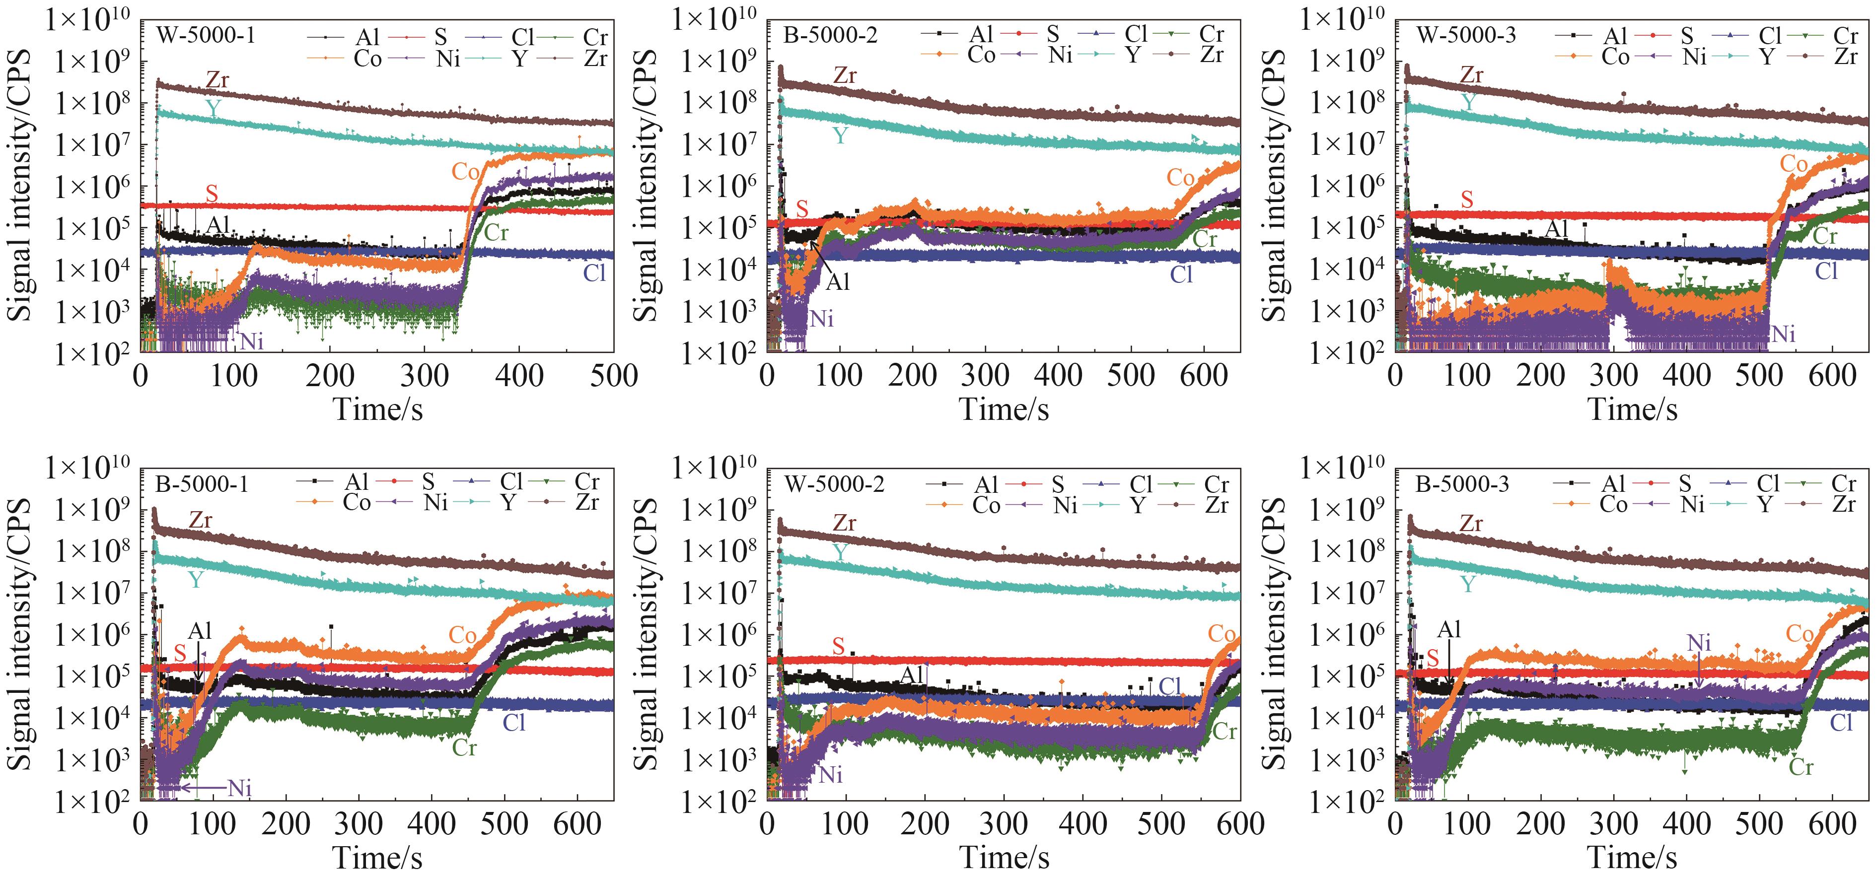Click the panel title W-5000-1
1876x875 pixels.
pos(206,34)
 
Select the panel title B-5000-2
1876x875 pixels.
pos(831,34)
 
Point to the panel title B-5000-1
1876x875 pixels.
pos(201,483)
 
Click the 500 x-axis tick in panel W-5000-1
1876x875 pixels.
pos(613,376)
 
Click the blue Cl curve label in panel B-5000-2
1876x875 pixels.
pos(1181,274)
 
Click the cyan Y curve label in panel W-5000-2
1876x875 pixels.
pos(840,552)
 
